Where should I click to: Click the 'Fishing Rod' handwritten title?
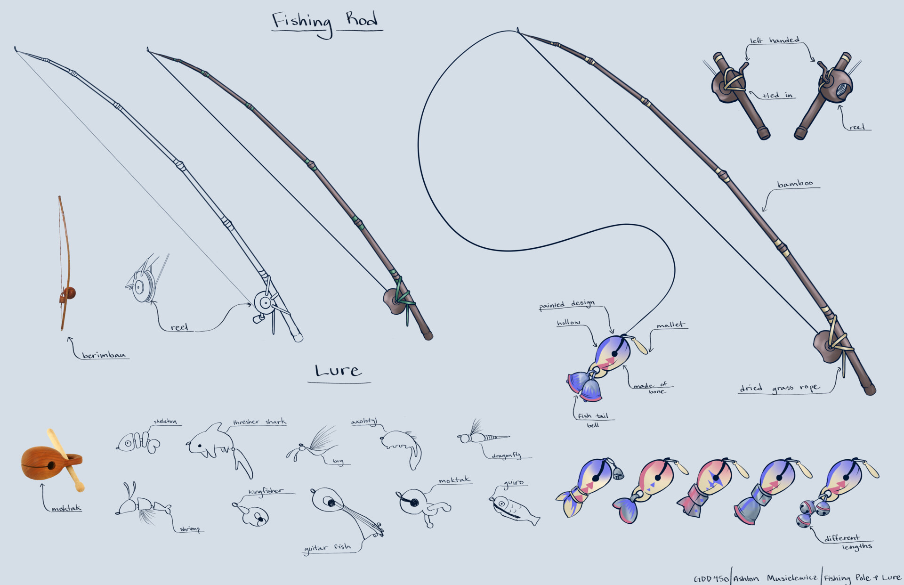325,22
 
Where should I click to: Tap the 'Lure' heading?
339,371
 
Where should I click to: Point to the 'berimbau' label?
104,355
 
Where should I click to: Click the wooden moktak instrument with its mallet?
52,462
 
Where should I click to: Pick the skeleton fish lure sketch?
137,443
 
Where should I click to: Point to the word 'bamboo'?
795,183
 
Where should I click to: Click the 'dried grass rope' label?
779,388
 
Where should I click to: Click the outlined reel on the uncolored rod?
266,304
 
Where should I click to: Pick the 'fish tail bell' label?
593,419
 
